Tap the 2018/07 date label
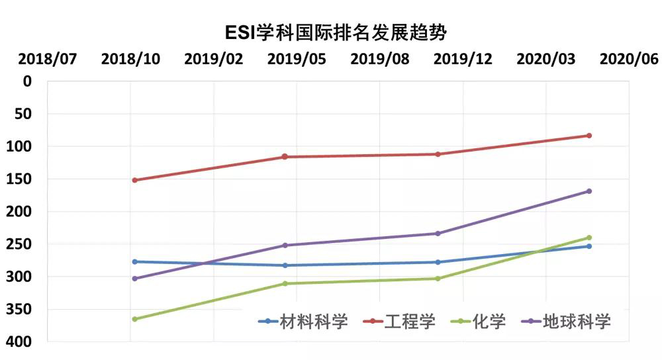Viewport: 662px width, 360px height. tap(48, 59)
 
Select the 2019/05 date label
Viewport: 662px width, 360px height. tap(297, 59)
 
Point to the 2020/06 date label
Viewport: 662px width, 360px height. tap(629, 59)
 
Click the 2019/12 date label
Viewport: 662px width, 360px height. tap(463, 59)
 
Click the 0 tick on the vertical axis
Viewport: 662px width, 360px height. tap(27, 81)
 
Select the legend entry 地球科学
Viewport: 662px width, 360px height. tap(576, 322)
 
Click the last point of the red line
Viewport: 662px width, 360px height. tap(589, 136)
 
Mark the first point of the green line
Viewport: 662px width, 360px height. tap(134, 319)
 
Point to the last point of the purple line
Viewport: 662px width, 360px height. tap(589, 191)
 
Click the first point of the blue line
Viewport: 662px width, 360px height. tap(134, 261)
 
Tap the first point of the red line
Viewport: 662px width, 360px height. tap(134, 180)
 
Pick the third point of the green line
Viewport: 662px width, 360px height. tap(438, 279)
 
